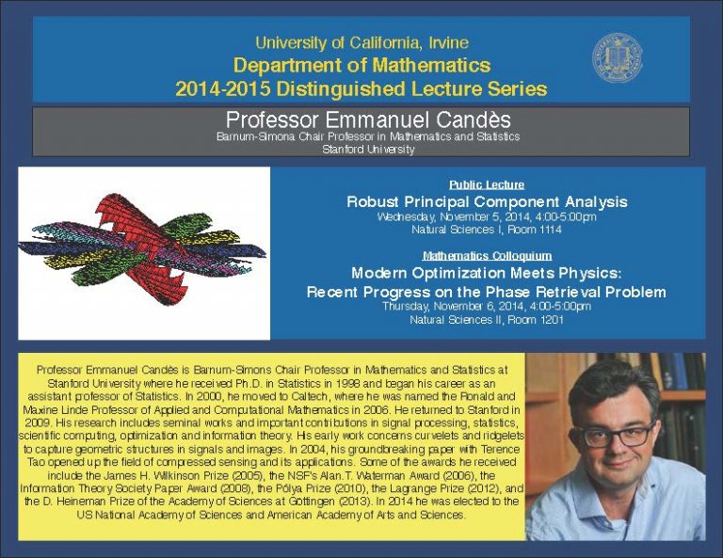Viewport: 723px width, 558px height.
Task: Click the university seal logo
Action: (x=617, y=58)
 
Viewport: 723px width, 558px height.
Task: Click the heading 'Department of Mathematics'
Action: (x=361, y=66)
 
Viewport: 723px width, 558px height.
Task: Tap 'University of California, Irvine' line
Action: (x=361, y=42)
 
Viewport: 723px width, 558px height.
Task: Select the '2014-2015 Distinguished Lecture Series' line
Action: (x=361, y=89)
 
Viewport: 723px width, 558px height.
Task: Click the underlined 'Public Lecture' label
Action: (x=486, y=184)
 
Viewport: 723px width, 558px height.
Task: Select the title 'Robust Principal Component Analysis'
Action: (x=487, y=201)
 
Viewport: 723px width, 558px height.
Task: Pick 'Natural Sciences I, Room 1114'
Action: (x=486, y=229)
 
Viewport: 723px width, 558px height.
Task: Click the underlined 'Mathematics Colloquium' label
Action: (x=486, y=255)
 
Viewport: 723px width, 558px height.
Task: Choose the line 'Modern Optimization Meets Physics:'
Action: (x=486, y=273)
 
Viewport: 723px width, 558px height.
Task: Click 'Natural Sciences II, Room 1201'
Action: (x=486, y=320)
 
